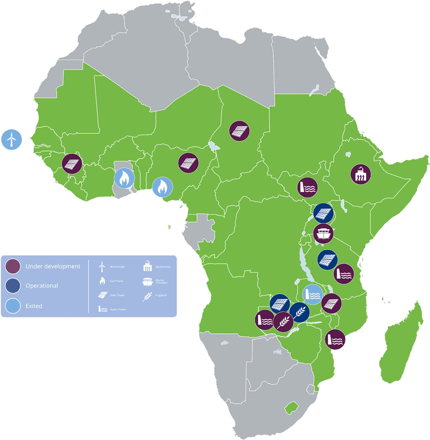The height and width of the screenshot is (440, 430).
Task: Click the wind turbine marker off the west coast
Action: (x=11, y=140)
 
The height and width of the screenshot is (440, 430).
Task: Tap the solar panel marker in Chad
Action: (x=239, y=130)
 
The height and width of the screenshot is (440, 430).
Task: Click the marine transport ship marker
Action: (x=324, y=233)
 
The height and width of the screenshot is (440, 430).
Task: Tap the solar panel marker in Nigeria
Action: (x=188, y=163)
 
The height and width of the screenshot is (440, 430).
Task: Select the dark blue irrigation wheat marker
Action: (x=299, y=312)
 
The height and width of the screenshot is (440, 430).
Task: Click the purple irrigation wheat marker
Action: (x=283, y=321)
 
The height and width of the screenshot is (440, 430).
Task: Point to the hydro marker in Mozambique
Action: (x=335, y=339)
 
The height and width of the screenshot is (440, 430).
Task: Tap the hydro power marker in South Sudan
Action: (x=308, y=187)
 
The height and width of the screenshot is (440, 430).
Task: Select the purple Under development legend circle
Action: (x=13, y=266)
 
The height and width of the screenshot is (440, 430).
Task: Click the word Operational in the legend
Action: (x=42, y=286)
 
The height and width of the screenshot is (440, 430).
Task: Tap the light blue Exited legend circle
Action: (x=13, y=306)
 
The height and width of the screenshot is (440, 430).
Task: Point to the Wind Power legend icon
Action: (x=101, y=266)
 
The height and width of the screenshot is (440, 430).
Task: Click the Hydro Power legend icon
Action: (x=101, y=309)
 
